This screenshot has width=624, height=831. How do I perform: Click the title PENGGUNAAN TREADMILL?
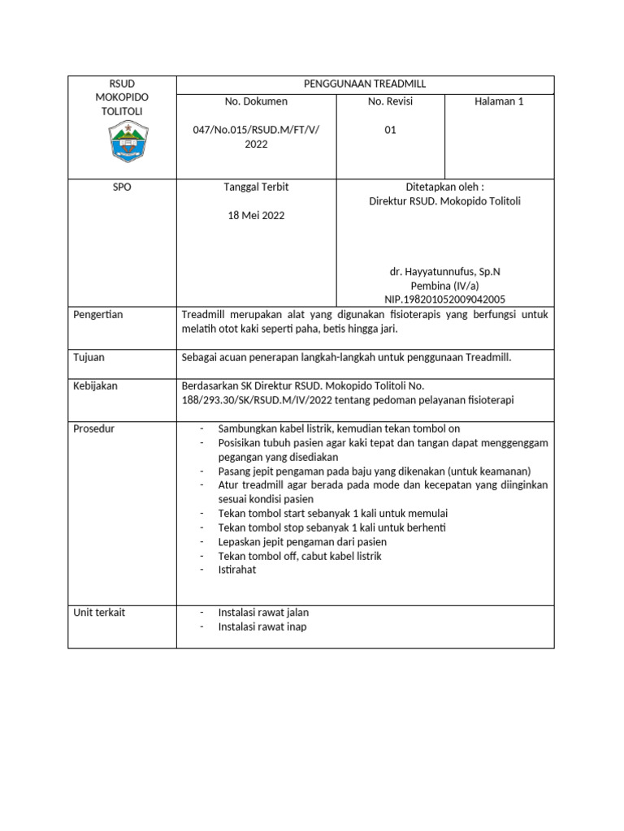pyautogui.click(x=365, y=84)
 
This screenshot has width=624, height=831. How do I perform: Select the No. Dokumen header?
pyautogui.click(x=256, y=102)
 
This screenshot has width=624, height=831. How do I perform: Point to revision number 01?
pyautogui.click(x=390, y=130)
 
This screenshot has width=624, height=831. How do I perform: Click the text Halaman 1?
pyautogui.click(x=500, y=102)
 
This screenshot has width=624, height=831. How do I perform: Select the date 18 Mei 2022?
pyautogui.click(x=256, y=216)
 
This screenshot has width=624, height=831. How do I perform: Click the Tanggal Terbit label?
pyautogui.click(x=256, y=187)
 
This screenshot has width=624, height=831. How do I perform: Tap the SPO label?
pyautogui.click(x=121, y=187)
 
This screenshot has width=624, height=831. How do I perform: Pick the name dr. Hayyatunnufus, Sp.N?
pyautogui.click(x=445, y=271)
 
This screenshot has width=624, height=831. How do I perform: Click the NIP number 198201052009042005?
pyautogui.click(x=445, y=299)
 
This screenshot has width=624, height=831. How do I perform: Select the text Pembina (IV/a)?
pyautogui.click(x=445, y=286)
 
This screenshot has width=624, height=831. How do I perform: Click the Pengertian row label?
pyautogui.click(x=97, y=315)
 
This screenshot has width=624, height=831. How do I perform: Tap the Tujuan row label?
pyautogui.click(x=89, y=357)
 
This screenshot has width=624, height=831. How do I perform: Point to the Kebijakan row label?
pyautogui.click(x=95, y=386)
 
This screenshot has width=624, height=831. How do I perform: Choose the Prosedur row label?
pyautogui.click(x=93, y=428)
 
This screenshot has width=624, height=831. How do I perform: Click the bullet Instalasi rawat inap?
pyautogui.click(x=262, y=626)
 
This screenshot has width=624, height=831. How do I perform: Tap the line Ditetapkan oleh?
pyautogui.click(x=444, y=187)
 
